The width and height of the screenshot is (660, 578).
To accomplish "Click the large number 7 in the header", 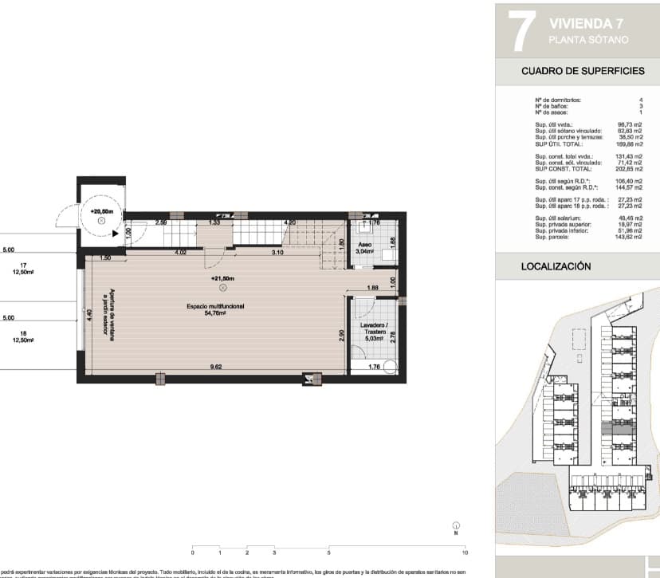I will [521, 31].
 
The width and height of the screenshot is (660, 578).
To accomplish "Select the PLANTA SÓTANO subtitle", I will [588, 39].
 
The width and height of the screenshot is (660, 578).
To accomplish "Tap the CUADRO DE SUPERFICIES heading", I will [583, 71].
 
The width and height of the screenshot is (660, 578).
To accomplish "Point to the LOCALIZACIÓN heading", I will [556, 266].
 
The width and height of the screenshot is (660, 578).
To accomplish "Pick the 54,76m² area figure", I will [216, 313].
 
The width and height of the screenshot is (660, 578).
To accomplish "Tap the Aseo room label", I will [365, 245].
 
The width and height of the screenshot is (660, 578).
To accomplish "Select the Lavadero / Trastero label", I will [373, 328].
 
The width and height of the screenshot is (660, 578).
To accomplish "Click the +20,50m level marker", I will [100, 212].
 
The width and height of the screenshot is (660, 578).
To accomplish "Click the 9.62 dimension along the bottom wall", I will [215, 367].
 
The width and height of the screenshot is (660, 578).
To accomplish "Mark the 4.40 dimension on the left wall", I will [89, 315].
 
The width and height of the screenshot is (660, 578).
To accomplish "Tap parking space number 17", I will [23, 265].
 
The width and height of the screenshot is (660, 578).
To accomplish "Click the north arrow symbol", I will [455, 527].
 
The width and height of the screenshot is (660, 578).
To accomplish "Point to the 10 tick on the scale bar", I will [465, 552].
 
